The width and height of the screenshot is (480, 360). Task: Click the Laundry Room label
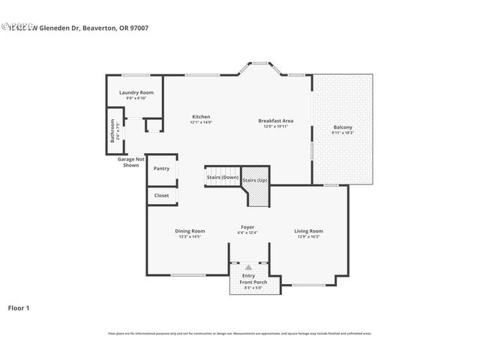point(136,93)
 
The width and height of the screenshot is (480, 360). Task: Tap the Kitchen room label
point(200,116)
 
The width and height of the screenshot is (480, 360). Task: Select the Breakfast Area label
point(275,121)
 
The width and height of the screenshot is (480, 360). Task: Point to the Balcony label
point(343,127)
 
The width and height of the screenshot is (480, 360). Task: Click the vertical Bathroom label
point(112,132)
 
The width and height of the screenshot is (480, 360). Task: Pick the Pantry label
point(161,168)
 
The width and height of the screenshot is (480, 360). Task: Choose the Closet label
point(161,195)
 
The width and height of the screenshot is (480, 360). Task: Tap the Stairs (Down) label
point(223,177)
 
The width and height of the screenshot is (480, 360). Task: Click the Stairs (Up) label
point(255,180)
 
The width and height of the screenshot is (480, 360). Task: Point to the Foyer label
point(247,226)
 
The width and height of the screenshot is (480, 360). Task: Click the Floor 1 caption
point(19,307)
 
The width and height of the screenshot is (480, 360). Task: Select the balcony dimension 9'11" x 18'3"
point(343,133)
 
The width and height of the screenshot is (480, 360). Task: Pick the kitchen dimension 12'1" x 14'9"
point(200,122)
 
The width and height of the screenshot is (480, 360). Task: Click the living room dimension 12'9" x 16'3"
point(308,236)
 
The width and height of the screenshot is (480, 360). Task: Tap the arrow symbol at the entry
point(248,266)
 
